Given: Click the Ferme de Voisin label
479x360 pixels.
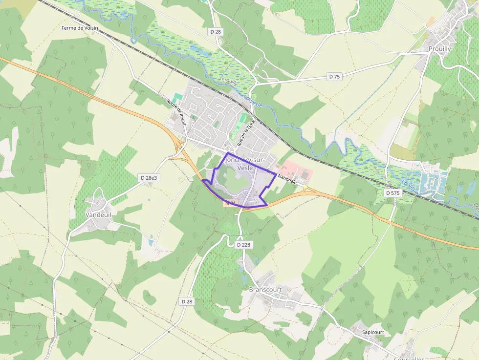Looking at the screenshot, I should click(x=80, y=28).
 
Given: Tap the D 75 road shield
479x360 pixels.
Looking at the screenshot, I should click(x=334, y=77).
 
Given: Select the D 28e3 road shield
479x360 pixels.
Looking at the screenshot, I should click(x=149, y=178).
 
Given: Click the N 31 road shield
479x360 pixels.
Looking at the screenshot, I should click(x=231, y=203).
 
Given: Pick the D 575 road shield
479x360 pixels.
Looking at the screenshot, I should click(x=392, y=193).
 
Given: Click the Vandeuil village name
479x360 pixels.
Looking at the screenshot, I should click(x=98, y=214).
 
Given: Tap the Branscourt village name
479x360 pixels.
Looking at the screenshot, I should click(x=265, y=289).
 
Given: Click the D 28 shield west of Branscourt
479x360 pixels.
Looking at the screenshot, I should click(x=187, y=301).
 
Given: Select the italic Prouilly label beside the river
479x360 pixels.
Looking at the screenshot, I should click(x=229, y=81).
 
